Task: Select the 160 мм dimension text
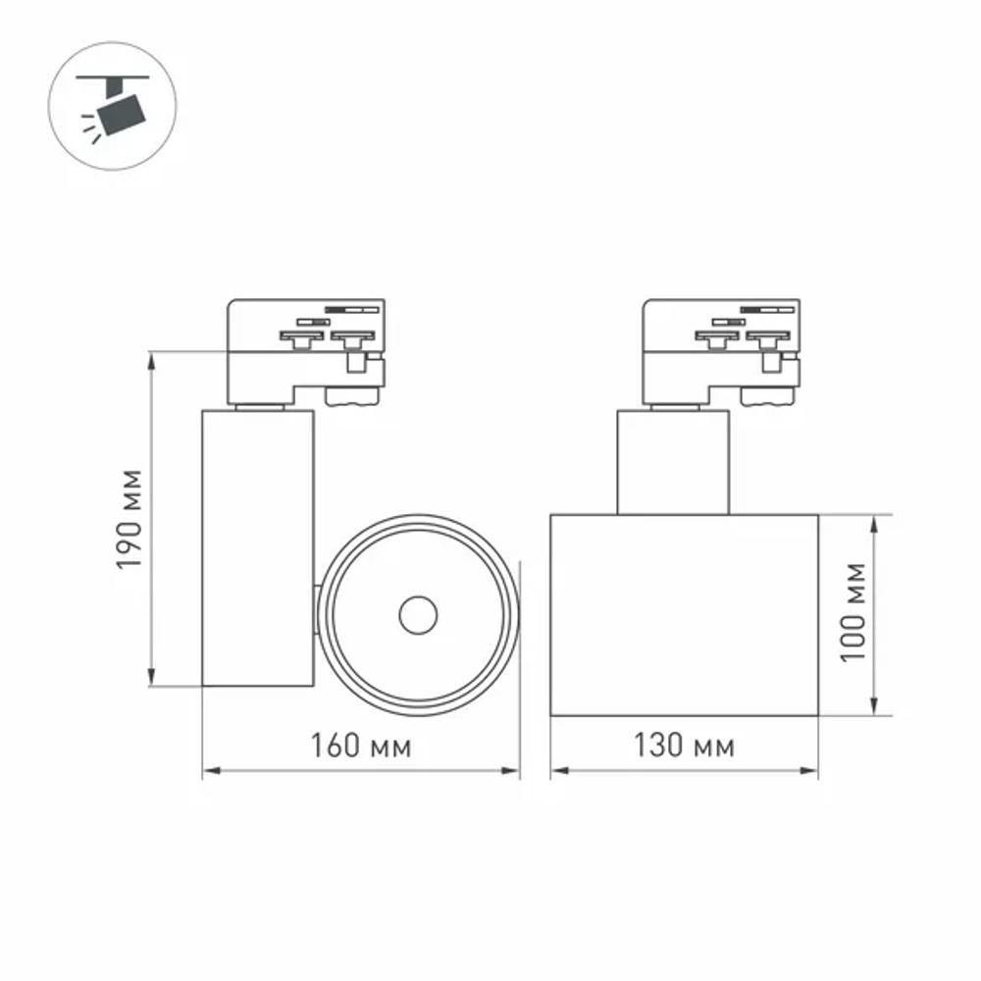click(360, 748)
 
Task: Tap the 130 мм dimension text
click(684, 748)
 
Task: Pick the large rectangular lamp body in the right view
click(684, 615)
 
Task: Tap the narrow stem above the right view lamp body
click(673, 461)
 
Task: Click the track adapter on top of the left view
click(304, 348)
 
